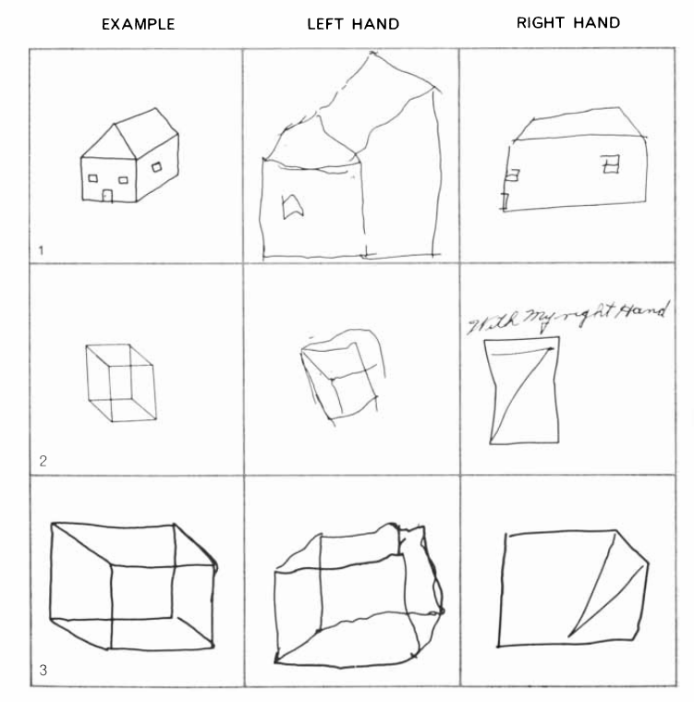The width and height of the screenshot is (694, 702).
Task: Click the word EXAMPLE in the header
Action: pyautogui.click(x=138, y=24)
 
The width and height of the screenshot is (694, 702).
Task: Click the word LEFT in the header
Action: pyautogui.click(x=325, y=24)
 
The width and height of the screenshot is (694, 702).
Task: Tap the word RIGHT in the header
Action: pyautogui.click(x=541, y=23)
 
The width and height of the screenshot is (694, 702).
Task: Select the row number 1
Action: pyautogui.click(x=42, y=250)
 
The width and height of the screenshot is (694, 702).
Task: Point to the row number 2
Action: pyautogui.click(x=43, y=461)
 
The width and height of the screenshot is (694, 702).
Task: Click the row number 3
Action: pyautogui.click(x=43, y=671)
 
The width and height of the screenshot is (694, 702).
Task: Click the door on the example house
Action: pyautogui.click(x=107, y=196)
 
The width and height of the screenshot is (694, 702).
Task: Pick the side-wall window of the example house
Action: pyautogui.click(x=157, y=167)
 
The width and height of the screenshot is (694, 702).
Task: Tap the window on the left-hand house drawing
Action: pyautogui.click(x=292, y=206)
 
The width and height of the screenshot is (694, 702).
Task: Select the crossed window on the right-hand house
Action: pyautogui.click(x=611, y=163)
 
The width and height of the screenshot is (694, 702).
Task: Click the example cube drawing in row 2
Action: pyautogui.click(x=121, y=382)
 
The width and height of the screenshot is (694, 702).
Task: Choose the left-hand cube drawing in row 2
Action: pyautogui.click(x=343, y=377)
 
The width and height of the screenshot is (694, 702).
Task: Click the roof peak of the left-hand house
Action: pyautogui.click(x=371, y=54)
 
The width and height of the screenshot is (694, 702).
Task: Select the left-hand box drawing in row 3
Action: pyautogui.click(x=359, y=596)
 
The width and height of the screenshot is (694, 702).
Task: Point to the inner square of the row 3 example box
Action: pyautogui.click(x=141, y=592)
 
